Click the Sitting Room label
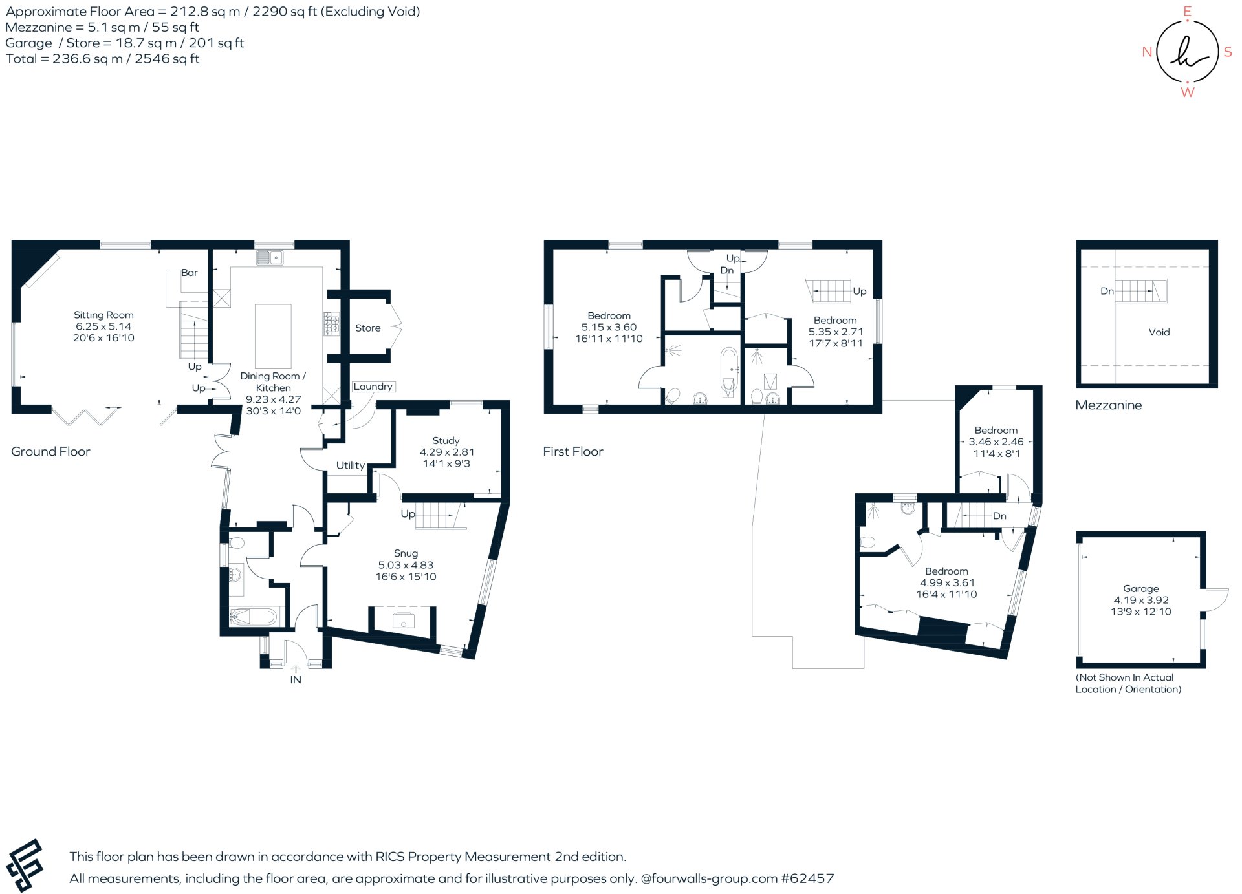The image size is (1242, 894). [x=103, y=315]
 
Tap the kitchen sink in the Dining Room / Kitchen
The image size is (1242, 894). [x=270, y=258]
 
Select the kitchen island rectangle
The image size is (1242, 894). [x=273, y=336]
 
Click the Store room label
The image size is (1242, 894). [x=367, y=328]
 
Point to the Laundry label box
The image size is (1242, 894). [x=373, y=387]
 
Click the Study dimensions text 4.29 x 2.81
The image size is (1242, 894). [x=446, y=452]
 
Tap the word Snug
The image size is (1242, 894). [x=406, y=553]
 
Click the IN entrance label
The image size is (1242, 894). [x=296, y=679]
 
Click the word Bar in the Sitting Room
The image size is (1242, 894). [x=189, y=272]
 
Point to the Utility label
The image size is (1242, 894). [x=350, y=465]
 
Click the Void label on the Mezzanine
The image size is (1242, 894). [x=1159, y=332]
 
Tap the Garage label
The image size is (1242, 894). [x=1140, y=588]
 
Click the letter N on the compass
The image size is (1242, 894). [x=1147, y=52]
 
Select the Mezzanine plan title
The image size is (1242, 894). [x=1108, y=405]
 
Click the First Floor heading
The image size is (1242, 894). [x=572, y=452]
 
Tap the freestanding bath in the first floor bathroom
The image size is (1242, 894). [x=728, y=372]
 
